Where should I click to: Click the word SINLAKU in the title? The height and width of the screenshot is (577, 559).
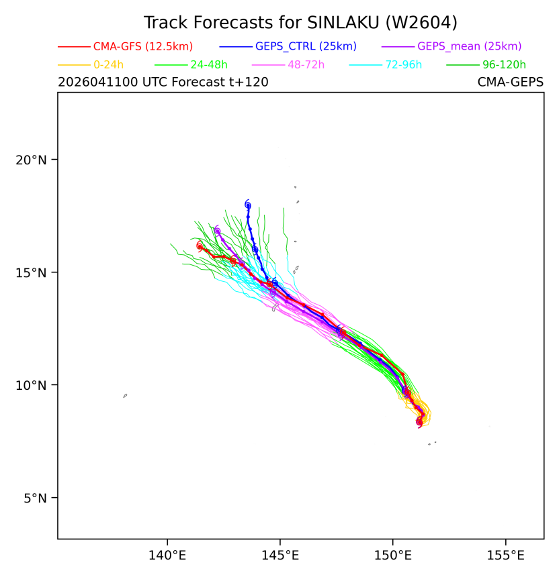[x=343, y=23]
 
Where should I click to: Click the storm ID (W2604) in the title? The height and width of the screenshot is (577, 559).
[x=421, y=23]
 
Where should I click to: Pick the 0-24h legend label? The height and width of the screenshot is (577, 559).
[x=108, y=65]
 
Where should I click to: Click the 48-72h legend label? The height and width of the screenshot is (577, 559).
[x=306, y=65]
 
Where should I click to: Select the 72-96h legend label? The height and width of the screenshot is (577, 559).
[x=404, y=65]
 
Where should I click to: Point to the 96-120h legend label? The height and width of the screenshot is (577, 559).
[x=504, y=65]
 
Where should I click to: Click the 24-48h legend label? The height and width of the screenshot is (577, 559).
[x=209, y=65]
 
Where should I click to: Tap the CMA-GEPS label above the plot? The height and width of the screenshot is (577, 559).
[x=511, y=82]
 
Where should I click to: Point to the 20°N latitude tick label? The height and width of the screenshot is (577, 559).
[x=31, y=160]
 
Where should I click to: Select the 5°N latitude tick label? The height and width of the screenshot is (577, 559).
[x=35, y=499]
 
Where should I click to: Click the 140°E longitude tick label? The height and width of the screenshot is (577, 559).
[x=167, y=556]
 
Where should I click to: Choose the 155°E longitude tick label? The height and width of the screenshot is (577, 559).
[x=505, y=556]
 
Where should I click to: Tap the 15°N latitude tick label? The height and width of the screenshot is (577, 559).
[x=31, y=273]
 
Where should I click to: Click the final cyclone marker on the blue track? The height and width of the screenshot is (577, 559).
[x=248, y=205]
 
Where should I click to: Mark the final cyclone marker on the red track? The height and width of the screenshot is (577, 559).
[x=200, y=246]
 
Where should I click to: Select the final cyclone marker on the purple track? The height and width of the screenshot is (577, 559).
[x=218, y=231]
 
